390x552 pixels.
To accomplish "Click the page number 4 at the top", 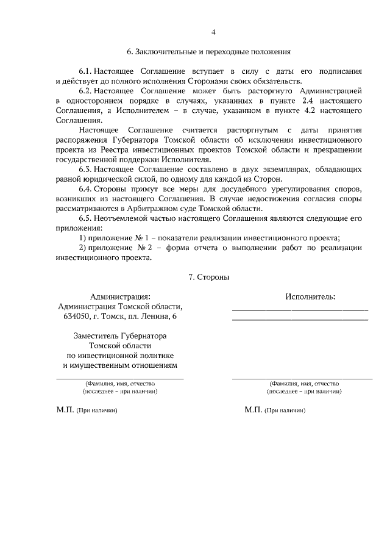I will [x=213, y=32].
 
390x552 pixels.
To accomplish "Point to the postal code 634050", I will [x=76, y=316].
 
